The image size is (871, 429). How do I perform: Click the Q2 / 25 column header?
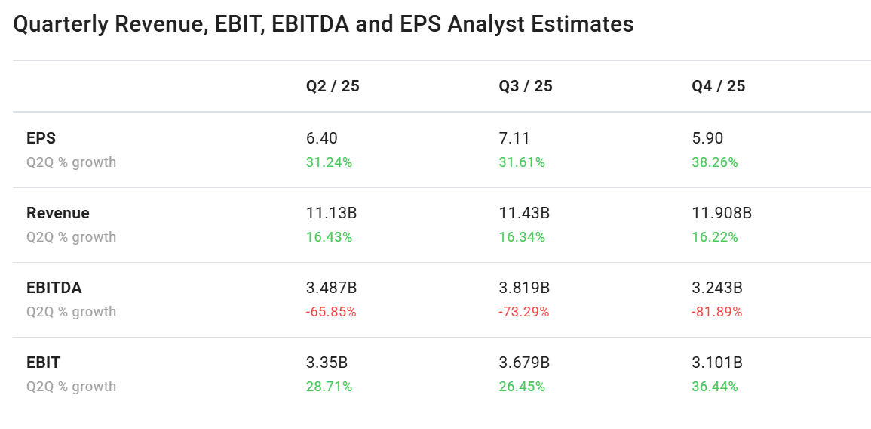(x=333, y=86)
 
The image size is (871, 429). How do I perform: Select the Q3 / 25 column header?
(x=526, y=86)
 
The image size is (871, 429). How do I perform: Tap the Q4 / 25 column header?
(x=719, y=86)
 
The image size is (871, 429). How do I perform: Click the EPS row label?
(x=41, y=138)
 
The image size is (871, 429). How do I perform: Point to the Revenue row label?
(x=58, y=213)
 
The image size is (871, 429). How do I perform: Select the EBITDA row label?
(x=54, y=288)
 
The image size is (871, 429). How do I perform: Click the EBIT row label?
(x=44, y=363)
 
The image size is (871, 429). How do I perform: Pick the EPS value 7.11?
(x=514, y=138)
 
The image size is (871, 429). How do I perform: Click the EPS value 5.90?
(x=707, y=138)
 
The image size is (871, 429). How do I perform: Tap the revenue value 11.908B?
(x=722, y=213)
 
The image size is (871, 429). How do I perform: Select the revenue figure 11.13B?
(x=331, y=213)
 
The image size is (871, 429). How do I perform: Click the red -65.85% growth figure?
(x=331, y=312)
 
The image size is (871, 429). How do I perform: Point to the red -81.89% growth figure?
(x=717, y=312)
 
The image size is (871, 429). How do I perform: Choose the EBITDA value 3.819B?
(x=524, y=288)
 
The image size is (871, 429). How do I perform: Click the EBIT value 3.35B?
(x=327, y=363)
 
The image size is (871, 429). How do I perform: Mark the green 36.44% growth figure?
(x=715, y=387)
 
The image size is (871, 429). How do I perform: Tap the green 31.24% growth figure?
(x=329, y=162)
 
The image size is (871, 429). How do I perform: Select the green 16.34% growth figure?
(x=522, y=237)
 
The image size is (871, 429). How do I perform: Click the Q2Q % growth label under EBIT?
(x=72, y=387)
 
